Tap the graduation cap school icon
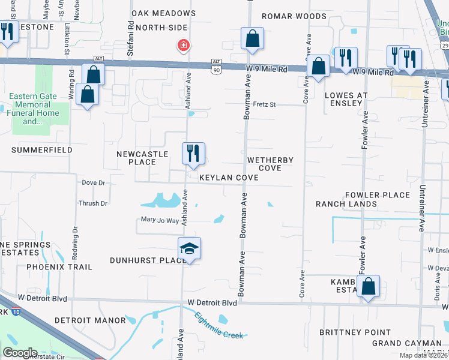pyautogui.click(x=189, y=249)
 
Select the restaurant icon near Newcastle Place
pyautogui.click(x=193, y=154)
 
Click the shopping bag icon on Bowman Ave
pyautogui.click(x=253, y=39)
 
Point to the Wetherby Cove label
pyautogui.click(x=270, y=164)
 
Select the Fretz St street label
pyautogui.click(x=264, y=105)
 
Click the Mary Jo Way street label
pyautogui.click(x=160, y=221)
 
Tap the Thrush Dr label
pyautogui.click(x=93, y=203)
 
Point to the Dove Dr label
pyautogui.click(x=93, y=182)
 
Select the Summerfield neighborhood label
pyautogui.click(x=41, y=150)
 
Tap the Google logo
pyautogui.click(x=20, y=353)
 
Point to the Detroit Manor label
pyautogui.click(x=90, y=320)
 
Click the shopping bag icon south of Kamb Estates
pyautogui.click(x=369, y=286)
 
